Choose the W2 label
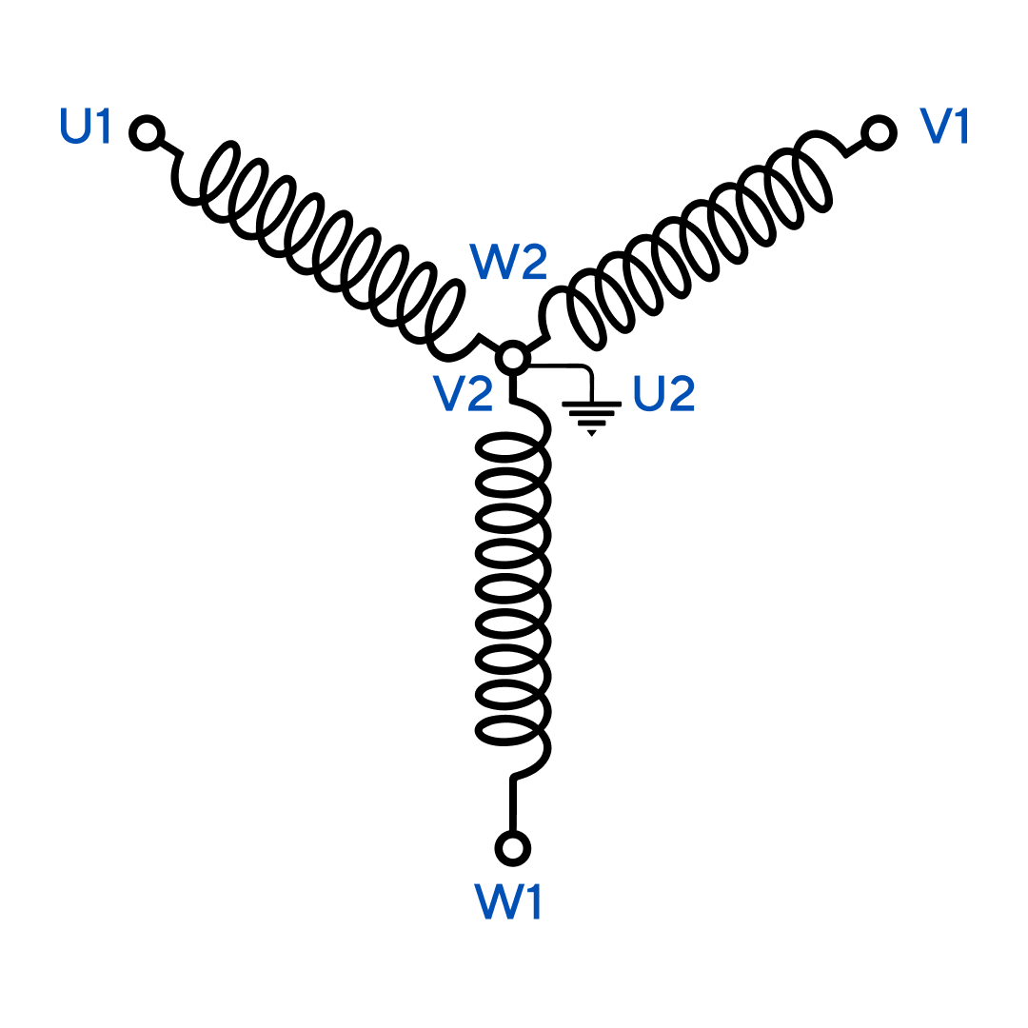tap(508, 263)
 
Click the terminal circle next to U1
tap(147, 132)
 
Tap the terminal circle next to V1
tap(880, 132)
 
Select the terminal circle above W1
tap(513, 846)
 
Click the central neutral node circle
tap(513, 358)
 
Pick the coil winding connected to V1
tap(695, 238)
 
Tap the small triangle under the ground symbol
tap(592, 433)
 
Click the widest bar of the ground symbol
tap(592, 405)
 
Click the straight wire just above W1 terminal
tap(514, 804)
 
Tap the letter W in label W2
tap(493, 263)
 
